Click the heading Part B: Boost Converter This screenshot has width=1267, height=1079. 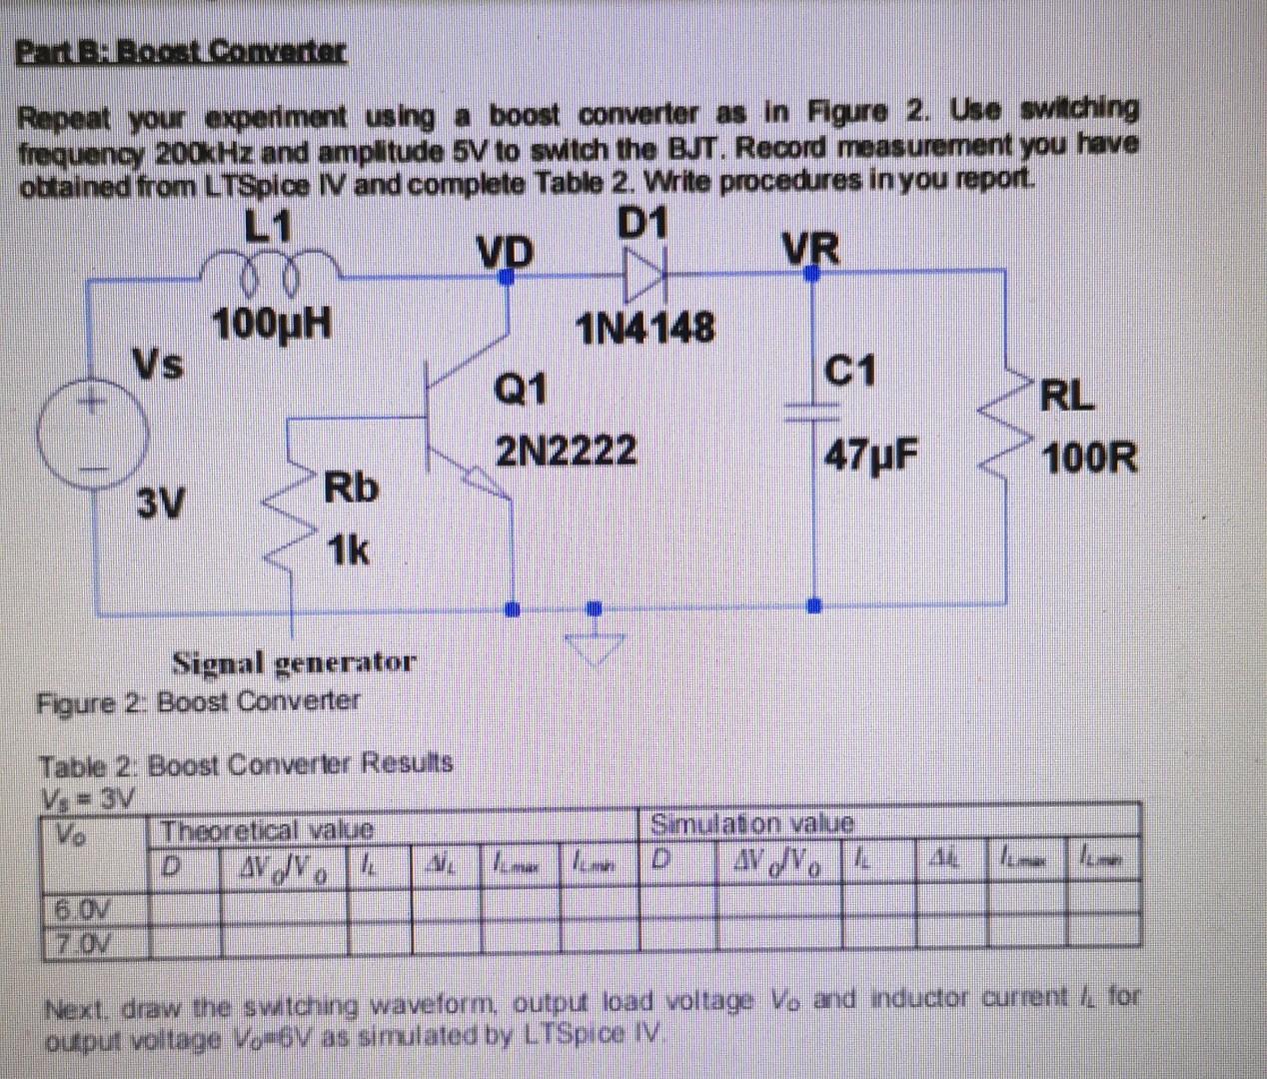coord(182,50)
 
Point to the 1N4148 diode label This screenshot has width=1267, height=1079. coord(645,327)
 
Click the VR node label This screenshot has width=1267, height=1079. coord(810,248)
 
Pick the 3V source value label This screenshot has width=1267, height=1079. coord(161,503)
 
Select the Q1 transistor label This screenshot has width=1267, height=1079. coord(521,388)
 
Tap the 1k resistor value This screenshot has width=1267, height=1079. coord(348,548)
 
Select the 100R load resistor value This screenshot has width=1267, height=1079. coord(1089,460)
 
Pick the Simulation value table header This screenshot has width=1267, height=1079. coord(752,824)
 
